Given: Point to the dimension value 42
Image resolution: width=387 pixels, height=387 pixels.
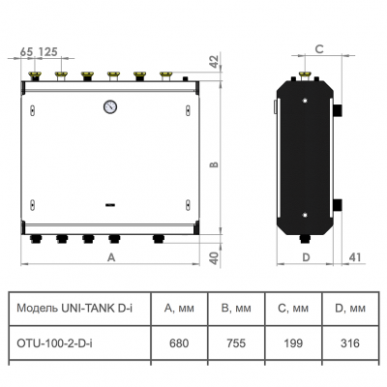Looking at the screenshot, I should [x=216, y=62].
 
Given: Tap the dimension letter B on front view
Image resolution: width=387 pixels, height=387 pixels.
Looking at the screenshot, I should [x=215, y=164].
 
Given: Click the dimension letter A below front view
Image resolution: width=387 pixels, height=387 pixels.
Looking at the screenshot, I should [x=111, y=257].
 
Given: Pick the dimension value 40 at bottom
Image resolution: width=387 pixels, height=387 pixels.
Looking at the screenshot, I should [x=215, y=255].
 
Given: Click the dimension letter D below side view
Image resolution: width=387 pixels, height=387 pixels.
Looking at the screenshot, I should [x=305, y=257].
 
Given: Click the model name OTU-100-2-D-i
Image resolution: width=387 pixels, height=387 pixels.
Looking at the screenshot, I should [x=53, y=342].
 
